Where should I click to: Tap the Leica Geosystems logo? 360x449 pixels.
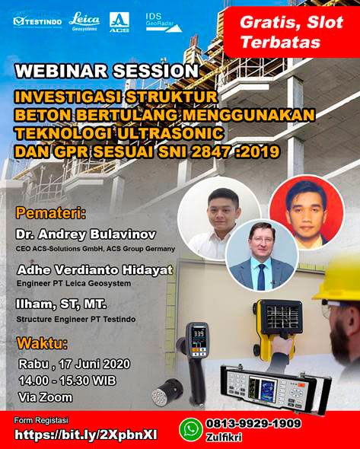point(84,21)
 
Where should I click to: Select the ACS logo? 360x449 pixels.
point(119,21)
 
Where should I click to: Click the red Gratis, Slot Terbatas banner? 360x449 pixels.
point(280,31)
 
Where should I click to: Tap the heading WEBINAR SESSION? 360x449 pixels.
point(107,71)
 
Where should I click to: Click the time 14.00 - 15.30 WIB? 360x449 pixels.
point(71,380)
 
